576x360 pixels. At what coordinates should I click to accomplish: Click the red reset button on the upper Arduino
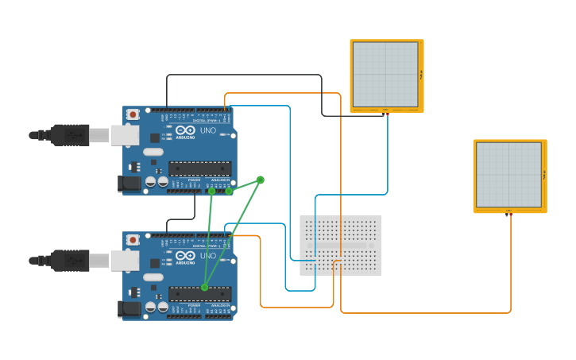pos(133,114)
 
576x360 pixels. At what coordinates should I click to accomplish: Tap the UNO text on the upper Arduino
pos(207,130)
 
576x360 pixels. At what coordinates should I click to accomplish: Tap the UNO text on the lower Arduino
pos(207,256)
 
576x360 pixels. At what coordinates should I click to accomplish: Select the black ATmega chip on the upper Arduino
pos(199,168)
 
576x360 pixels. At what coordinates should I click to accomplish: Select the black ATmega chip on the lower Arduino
pos(199,293)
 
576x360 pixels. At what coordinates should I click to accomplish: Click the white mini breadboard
pos(340,245)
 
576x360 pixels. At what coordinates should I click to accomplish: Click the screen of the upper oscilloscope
pos(385,75)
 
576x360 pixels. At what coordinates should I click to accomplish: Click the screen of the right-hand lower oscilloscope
pos(508,175)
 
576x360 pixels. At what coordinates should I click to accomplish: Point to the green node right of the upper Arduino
pos(260,180)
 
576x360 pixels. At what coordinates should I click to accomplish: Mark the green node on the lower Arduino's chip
pos(204,288)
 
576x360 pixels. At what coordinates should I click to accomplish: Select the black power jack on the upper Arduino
pos(130,184)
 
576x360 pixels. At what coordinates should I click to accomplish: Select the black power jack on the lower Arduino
pos(130,309)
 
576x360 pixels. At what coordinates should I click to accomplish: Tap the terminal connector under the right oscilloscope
pos(509,213)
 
